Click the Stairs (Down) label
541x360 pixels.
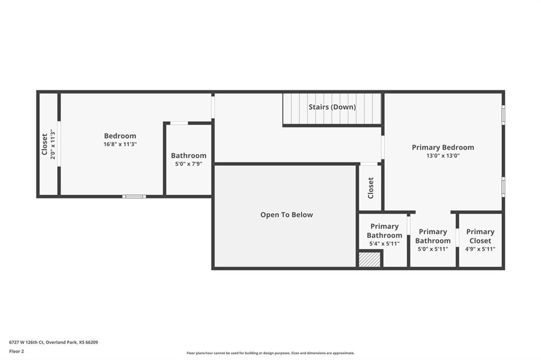point(332,107)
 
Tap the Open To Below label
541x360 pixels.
point(286,214)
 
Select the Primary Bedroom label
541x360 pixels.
point(443,147)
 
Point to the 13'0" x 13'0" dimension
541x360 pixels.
point(443,156)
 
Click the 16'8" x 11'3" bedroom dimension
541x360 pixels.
point(120,144)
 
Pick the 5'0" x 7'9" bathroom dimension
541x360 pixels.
point(189,164)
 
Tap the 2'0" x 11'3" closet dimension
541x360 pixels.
point(52,144)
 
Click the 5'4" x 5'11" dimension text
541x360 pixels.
point(385,243)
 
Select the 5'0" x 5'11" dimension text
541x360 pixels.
point(433,249)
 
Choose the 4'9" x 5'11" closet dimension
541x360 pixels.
point(480,249)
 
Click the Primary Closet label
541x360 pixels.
point(480,236)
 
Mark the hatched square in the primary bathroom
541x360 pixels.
point(369,259)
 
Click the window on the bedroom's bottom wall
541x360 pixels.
point(134,196)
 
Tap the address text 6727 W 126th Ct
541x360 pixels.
point(26,343)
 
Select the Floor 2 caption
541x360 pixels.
point(16,352)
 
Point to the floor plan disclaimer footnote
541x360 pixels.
point(270,353)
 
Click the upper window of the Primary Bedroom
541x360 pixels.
point(503,115)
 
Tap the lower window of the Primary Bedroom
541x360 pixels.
point(503,187)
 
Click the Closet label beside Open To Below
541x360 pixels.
point(370,188)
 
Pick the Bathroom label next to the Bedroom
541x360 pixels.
point(189,156)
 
